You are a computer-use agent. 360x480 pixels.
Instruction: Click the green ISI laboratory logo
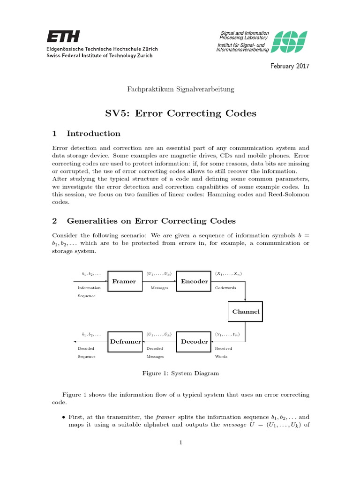click(290, 42)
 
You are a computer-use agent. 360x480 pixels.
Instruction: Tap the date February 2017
click(290, 66)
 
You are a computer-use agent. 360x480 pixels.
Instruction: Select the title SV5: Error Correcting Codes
click(180, 113)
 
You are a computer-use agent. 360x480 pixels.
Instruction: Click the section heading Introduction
click(93, 134)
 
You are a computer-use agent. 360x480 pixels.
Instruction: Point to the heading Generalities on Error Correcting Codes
click(151, 221)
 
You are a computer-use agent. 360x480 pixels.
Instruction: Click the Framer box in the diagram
click(124, 281)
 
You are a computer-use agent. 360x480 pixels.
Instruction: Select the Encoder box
click(194, 281)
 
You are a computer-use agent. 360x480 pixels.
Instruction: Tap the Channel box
click(246, 311)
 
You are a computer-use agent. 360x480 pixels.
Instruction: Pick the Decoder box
click(194, 341)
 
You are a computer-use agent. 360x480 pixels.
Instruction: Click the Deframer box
click(125, 341)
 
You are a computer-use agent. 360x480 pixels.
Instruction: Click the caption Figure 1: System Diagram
click(180, 374)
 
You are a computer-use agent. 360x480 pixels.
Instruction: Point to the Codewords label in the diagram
click(225, 288)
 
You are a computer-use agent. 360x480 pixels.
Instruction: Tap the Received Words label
click(224, 352)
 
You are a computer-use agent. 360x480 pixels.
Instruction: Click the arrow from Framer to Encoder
click(159, 281)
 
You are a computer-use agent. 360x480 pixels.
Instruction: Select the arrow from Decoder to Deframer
click(159, 341)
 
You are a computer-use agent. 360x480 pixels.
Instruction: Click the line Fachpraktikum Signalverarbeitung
click(180, 89)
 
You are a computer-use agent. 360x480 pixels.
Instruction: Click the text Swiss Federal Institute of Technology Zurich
click(99, 55)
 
